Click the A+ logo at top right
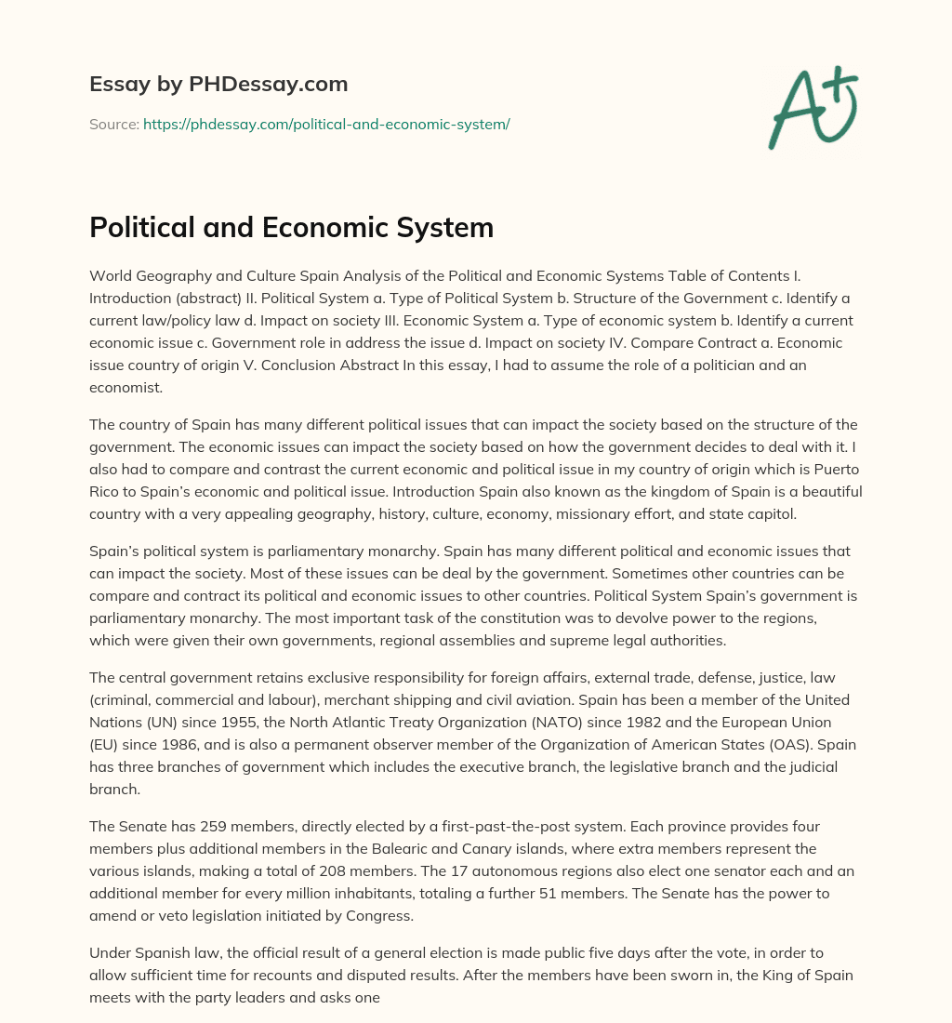click(813, 108)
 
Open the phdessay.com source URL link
click(326, 124)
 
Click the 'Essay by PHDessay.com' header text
click(218, 85)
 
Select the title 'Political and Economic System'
click(291, 228)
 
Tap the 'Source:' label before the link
click(113, 124)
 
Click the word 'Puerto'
click(837, 469)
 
